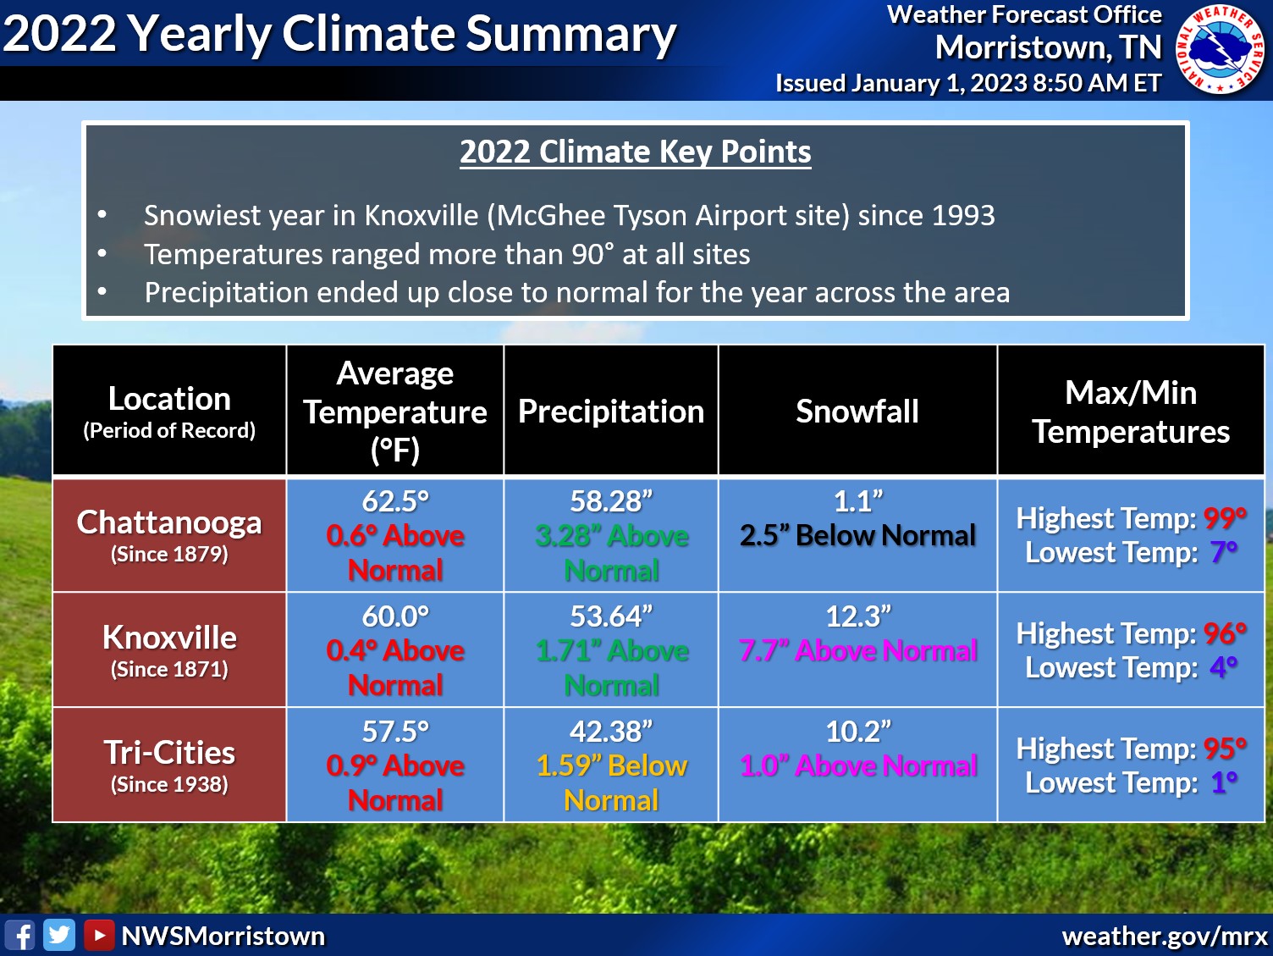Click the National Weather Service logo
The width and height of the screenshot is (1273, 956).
[x=1221, y=49]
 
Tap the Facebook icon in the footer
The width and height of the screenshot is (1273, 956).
[x=20, y=936]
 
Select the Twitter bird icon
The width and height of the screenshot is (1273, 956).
[x=59, y=936]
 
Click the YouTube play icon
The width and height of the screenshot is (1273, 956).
[x=99, y=936]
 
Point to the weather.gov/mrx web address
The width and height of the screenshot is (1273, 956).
[x=1165, y=937]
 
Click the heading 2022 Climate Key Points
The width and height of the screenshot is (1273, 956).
[x=635, y=152]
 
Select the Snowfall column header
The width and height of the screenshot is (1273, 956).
[x=857, y=412]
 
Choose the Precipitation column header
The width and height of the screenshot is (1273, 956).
[x=610, y=412]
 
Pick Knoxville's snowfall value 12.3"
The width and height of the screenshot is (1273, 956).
[x=857, y=616]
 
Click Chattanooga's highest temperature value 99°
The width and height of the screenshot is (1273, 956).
[x=1225, y=517]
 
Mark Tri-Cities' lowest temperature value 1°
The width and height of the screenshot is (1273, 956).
[x=1224, y=782]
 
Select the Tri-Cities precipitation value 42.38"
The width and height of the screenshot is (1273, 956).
[x=610, y=732]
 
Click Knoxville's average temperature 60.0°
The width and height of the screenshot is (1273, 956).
[x=395, y=616]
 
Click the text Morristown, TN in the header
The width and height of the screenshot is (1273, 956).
[x=1048, y=48]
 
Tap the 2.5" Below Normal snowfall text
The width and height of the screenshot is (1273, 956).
[x=857, y=535]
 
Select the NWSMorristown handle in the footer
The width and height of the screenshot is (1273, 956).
[x=223, y=936]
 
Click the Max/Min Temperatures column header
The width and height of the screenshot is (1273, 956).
[x=1130, y=412]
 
